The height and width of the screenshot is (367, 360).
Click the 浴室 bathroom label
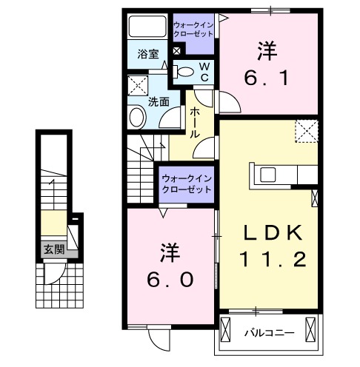(x=147, y=53)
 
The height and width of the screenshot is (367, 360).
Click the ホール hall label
(x=194, y=122)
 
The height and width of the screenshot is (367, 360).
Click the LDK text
(x=273, y=234)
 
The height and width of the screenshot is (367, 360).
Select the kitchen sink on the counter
(x=267, y=175)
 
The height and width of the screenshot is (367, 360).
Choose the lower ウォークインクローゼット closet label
(x=187, y=183)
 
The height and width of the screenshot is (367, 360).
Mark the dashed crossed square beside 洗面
(x=138, y=86)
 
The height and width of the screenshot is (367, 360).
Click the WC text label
(x=205, y=71)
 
